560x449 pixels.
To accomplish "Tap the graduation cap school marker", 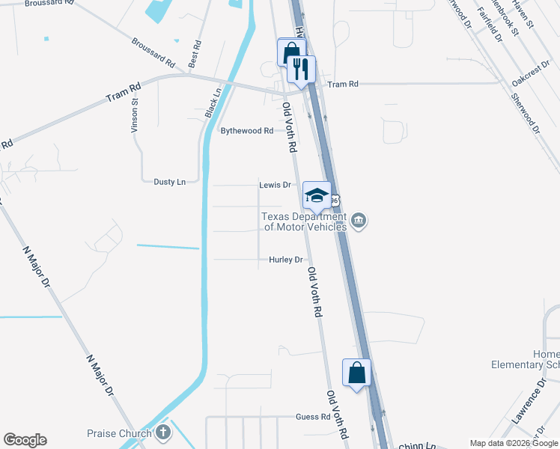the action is tap(317, 195).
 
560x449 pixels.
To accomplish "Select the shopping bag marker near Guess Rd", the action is tap(357, 372).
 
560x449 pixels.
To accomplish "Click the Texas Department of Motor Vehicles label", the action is tap(303, 223).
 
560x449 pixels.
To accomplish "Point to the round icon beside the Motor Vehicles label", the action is tap(359, 221).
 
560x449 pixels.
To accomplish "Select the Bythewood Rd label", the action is tap(247, 131).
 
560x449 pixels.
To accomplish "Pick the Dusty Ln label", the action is tap(169, 182).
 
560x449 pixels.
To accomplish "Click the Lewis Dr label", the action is tap(275, 185).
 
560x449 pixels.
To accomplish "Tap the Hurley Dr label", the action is tap(286, 260).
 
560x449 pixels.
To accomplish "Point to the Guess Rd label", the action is tap(313, 417).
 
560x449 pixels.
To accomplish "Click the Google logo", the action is tap(25, 440).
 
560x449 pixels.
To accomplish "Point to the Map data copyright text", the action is tap(514, 444).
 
